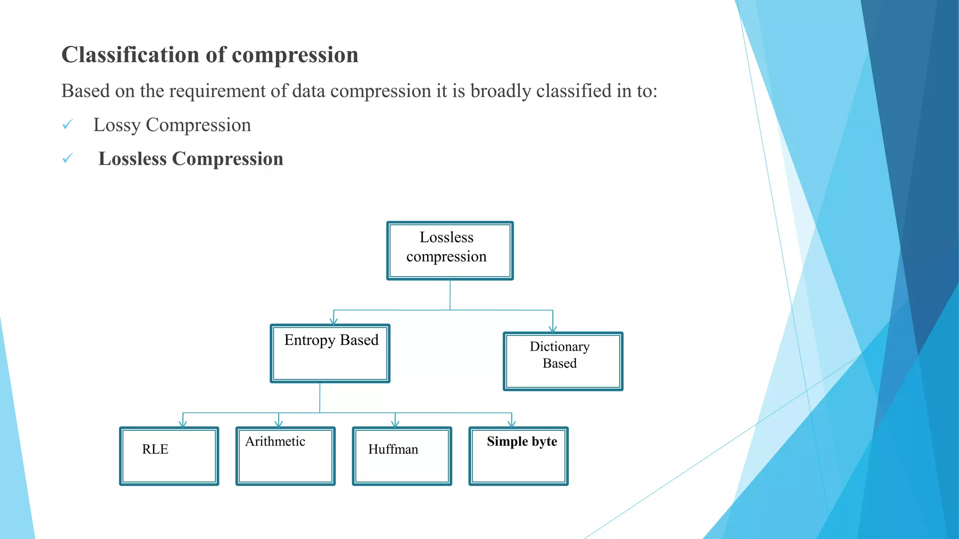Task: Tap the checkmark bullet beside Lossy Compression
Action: (68, 124)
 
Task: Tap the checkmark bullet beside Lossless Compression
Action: (68, 159)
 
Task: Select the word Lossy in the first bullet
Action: (117, 125)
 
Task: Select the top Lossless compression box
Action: (450, 251)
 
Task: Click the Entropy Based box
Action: (330, 354)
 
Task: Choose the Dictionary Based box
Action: (563, 361)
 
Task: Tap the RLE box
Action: (169, 456)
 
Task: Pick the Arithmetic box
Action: (285, 456)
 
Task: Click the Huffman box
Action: (402, 456)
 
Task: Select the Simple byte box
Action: (518, 456)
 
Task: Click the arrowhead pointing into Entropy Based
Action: (333, 321)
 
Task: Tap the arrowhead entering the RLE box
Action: (183, 424)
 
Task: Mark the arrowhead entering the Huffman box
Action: (395, 424)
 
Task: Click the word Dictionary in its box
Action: (560, 347)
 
